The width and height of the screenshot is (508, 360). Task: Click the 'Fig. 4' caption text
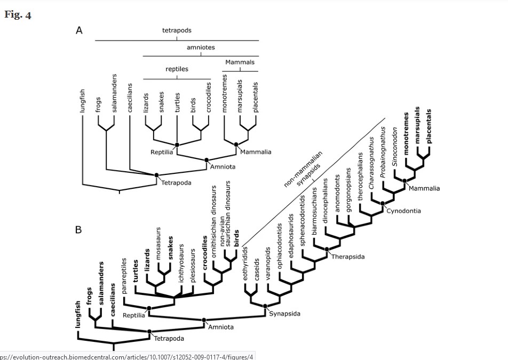click(18, 14)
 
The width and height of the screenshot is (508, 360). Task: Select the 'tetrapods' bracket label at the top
click(177, 31)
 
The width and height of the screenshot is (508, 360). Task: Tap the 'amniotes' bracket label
click(201, 47)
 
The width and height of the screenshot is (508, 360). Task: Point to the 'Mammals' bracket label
click(240, 62)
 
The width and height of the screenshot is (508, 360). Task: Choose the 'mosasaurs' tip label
click(158, 243)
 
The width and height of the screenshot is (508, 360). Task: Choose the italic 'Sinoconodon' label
click(395, 146)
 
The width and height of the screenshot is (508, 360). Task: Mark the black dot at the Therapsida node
click(326, 249)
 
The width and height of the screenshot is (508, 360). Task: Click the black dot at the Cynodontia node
click(382, 203)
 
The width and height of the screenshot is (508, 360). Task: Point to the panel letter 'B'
click(78, 230)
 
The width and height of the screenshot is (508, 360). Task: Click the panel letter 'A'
click(78, 31)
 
